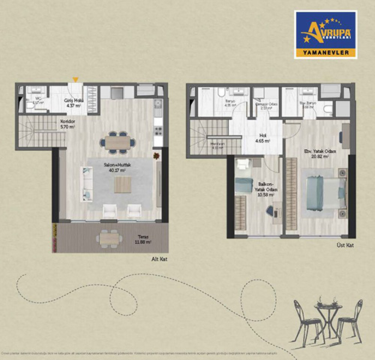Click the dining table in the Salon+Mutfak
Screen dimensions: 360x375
(x=117, y=141)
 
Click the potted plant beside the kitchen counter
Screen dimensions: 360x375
(x=157, y=156)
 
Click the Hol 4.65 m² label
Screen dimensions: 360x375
(x=262, y=137)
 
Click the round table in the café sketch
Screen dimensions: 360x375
(x=326, y=309)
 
